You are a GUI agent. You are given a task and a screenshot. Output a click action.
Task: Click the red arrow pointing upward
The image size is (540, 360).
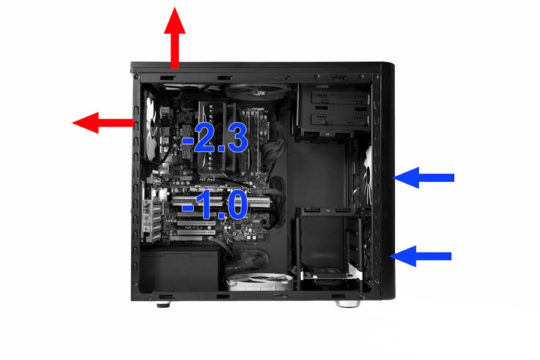(175, 38)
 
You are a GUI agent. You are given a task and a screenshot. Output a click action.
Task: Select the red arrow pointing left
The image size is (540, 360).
(103, 122)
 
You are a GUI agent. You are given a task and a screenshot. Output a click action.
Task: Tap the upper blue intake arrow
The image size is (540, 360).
(423, 178)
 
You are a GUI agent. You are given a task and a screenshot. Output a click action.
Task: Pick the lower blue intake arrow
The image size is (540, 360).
(420, 256)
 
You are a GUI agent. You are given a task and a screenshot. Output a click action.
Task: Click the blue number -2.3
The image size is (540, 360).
(215, 138)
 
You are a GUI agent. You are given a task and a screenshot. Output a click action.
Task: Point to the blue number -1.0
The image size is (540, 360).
(215, 206)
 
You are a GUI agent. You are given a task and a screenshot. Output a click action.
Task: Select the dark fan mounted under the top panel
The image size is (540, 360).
(257, 91)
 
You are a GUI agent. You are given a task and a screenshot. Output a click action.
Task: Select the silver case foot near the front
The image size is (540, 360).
(348, 304)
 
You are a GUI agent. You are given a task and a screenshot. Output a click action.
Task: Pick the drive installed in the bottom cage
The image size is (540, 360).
(329, 273)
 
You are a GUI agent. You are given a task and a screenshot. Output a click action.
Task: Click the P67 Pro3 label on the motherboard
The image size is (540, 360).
(208, 180)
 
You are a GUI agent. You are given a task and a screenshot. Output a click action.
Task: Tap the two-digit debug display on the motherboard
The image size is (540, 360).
(260, 236)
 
